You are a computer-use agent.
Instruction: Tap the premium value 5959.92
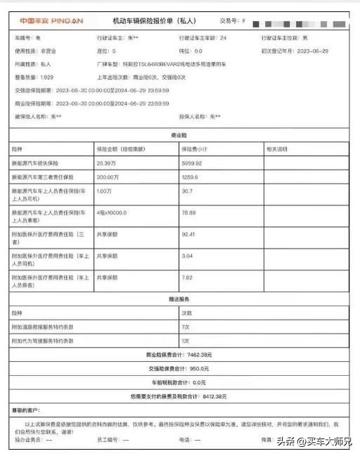193,163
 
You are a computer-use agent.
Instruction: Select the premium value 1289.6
191,177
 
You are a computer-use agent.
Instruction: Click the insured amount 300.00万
107,177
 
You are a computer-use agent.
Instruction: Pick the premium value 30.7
187,191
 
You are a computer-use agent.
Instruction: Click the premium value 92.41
189,234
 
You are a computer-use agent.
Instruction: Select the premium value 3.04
188,257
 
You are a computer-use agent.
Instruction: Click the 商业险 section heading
178,134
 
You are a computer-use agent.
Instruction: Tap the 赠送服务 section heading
178,299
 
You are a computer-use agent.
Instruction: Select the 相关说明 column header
276,149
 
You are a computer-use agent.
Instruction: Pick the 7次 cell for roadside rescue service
186,328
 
